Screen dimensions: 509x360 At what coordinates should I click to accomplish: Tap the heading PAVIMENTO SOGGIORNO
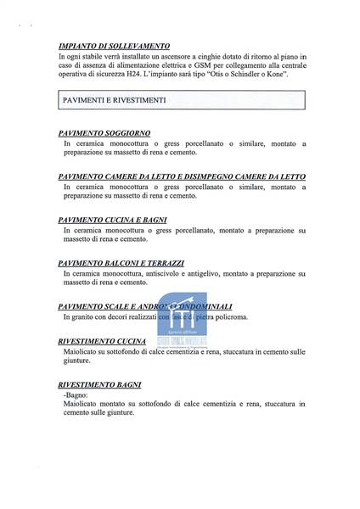pos(105,135)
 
